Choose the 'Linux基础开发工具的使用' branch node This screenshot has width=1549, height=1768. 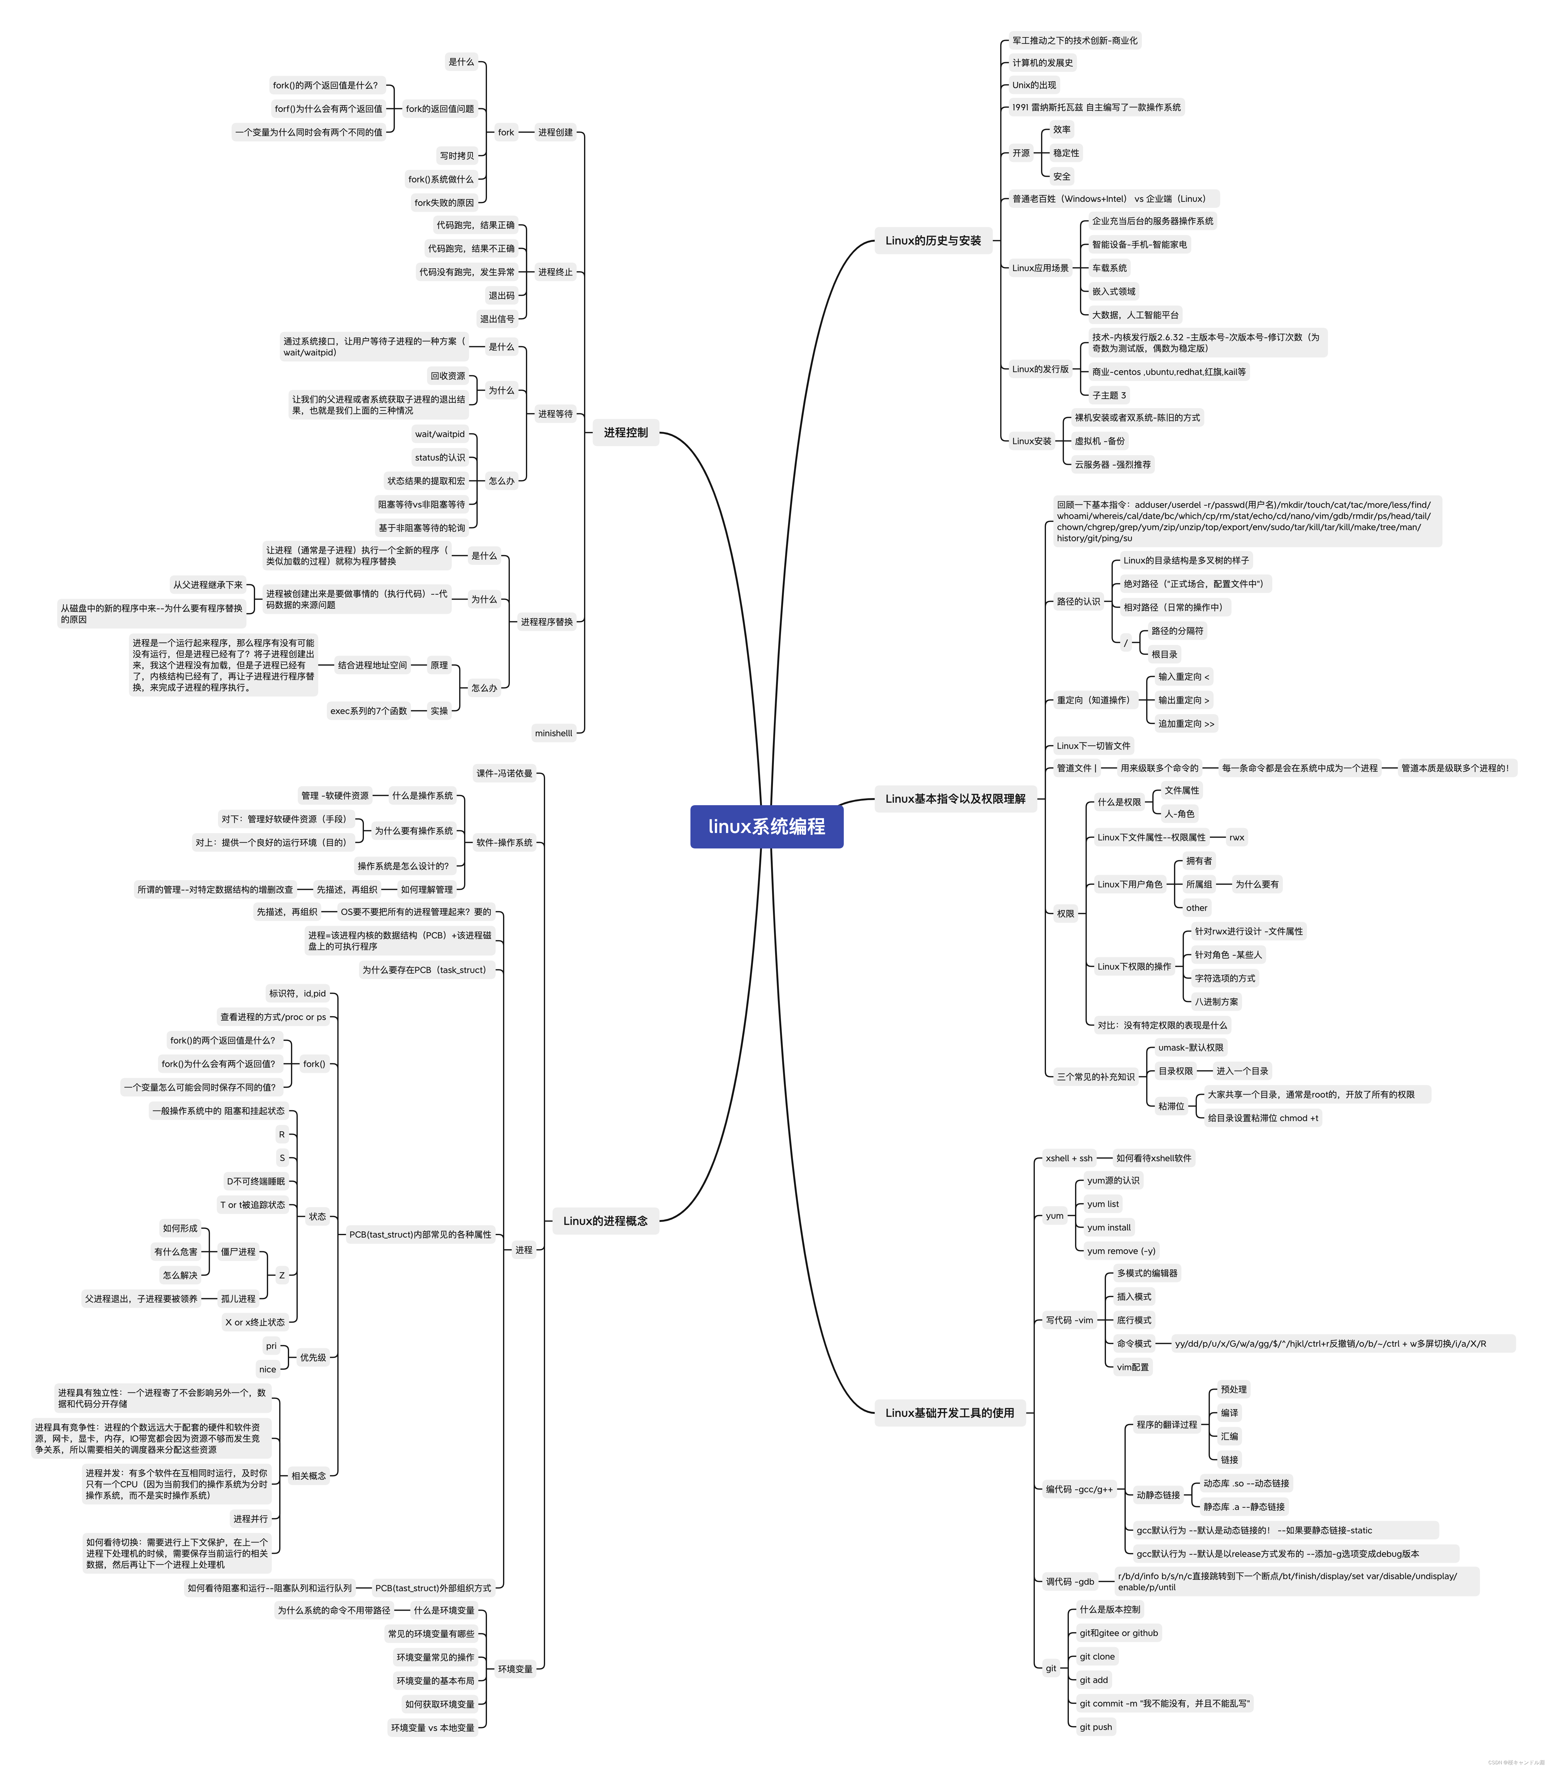949,1413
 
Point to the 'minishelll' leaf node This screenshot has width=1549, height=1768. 553,734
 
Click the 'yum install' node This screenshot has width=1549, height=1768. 1108,1227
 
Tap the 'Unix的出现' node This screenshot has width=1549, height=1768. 1034,85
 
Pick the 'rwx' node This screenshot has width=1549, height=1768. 1236,837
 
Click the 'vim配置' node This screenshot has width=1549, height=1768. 1132,1367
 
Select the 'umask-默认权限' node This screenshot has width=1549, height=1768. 1190,1047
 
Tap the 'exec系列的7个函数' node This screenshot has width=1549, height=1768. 368,711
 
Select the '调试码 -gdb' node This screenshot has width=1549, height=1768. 1069,1582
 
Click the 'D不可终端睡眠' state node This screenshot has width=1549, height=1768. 255,1181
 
